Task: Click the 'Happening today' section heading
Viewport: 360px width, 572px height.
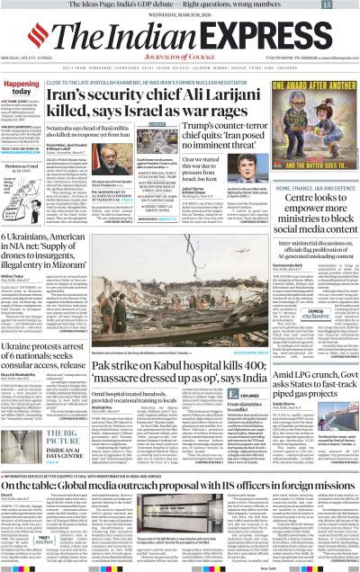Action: click(24, 88)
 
